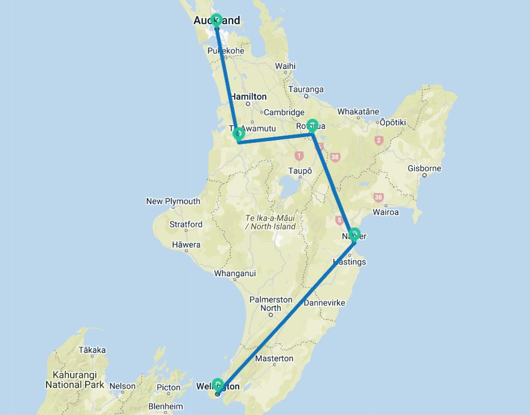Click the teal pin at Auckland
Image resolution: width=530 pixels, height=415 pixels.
pos(216,20)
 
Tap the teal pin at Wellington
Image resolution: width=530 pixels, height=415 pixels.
pos(218,385)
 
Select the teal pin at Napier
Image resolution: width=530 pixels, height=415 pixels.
pos(354,234)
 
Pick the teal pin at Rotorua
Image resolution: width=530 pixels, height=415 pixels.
pos(313,125)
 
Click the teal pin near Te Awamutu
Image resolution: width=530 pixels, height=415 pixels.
pos(239,133)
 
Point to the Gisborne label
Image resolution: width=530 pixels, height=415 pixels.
pos(424,168)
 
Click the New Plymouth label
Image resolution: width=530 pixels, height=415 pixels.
pos(173,201)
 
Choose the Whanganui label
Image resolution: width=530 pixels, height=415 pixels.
pos(235,273)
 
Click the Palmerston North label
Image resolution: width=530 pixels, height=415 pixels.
pos(271,304)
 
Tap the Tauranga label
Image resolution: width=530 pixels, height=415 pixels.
pos(306,89)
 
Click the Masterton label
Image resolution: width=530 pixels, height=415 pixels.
pos(274,358)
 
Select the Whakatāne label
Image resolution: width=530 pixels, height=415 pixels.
pos(358,111)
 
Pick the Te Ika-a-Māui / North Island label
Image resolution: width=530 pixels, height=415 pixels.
pos(270,222)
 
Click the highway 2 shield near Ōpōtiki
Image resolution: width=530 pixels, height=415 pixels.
pos(379,140)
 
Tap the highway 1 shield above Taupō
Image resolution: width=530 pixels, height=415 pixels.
pos(299,156)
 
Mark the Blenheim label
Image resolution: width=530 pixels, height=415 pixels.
pos(165,406)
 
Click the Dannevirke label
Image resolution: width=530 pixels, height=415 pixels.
pos(324,303)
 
